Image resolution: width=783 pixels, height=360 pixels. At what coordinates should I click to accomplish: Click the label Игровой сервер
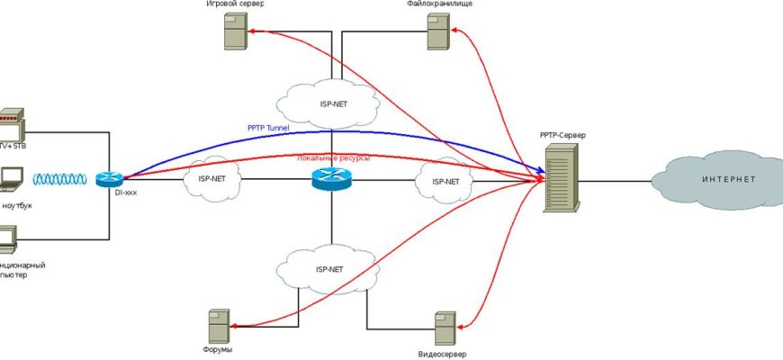coord(235,4)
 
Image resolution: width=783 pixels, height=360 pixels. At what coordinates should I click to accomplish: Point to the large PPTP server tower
coord(561,181)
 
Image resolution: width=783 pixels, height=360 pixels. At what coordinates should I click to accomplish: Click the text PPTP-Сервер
coord(562,135)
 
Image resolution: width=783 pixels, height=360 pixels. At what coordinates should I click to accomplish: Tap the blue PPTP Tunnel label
coord(274,128)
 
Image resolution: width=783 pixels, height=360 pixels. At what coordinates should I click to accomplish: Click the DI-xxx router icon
coord(109,179)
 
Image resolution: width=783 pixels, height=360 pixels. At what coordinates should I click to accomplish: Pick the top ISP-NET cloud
coord(328,103)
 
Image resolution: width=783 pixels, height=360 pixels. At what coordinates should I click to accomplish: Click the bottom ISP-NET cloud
coord(328,268)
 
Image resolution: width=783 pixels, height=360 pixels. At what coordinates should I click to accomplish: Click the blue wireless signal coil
coord(63,179)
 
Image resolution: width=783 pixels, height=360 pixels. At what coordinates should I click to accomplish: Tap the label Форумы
coord(218,348)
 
